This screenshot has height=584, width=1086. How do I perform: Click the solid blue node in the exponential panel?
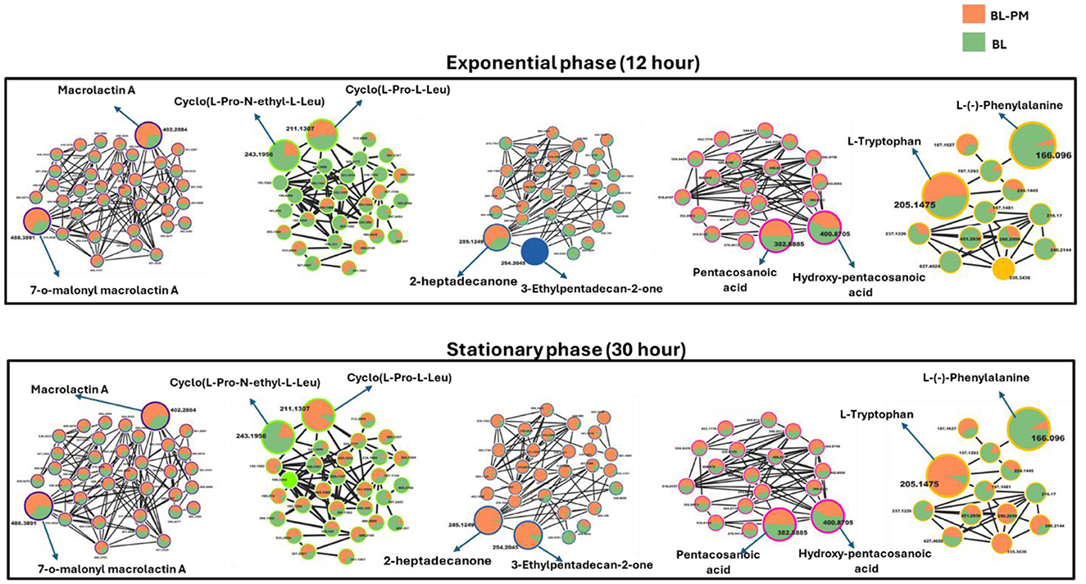pos(534,252)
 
